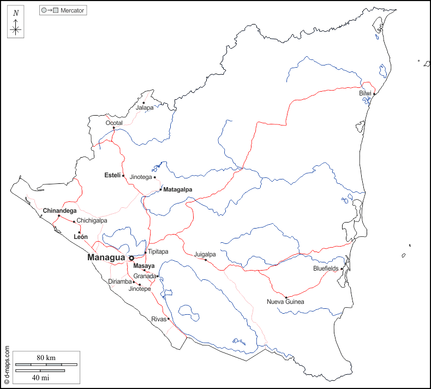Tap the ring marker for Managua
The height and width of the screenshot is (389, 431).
coord(131,258)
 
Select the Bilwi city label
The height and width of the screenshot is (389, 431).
coord(365,93)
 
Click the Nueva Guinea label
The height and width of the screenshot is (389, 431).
coord(285,302)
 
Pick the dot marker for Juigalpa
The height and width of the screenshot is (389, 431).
coord(206,260)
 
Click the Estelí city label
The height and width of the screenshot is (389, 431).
coord(112,175)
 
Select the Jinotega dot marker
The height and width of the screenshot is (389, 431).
coord(155,177)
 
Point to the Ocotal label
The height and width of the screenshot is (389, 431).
coord(114,123)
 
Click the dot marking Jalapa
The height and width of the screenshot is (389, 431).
coord(144,103)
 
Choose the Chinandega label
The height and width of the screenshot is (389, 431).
coord(59,210)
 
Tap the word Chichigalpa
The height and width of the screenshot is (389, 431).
coord(92,220)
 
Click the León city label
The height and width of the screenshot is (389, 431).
coord(80,237)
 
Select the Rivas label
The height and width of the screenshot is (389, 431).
coord(158,319)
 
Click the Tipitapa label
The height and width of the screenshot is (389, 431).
coord(158,252)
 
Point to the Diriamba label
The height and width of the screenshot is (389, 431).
coord(119,282)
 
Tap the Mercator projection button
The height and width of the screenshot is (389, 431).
coord(63,10)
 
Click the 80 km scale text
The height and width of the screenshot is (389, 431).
coord(46,357)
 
